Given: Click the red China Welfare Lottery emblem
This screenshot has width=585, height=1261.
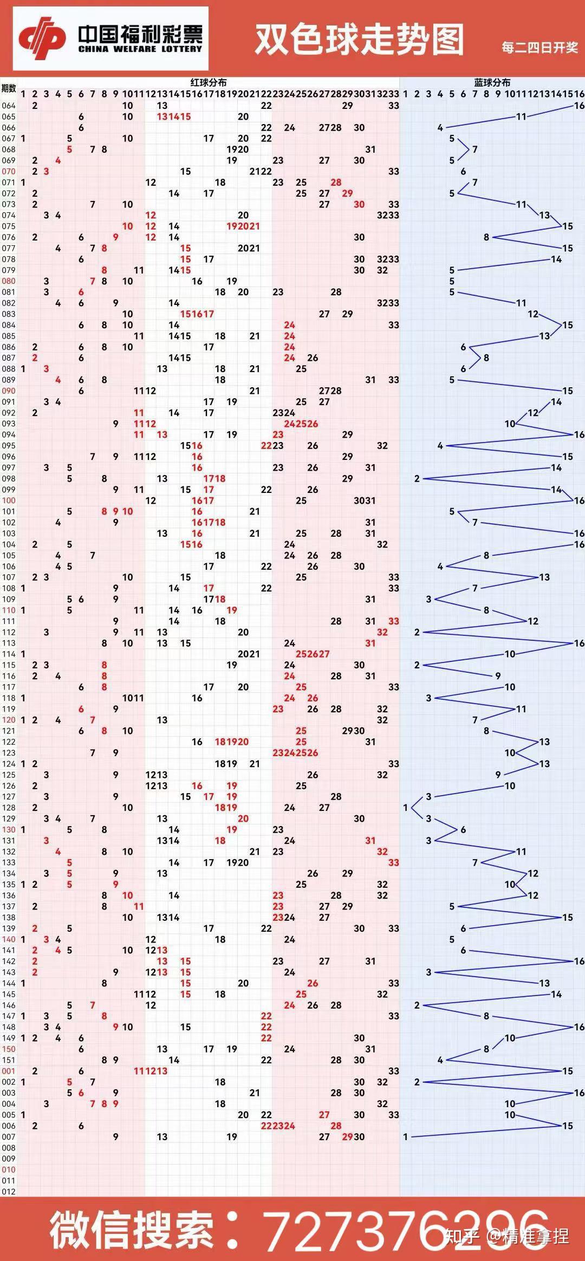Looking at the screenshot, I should coord(42,38).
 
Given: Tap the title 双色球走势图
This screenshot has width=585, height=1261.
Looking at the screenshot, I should coord(359,40).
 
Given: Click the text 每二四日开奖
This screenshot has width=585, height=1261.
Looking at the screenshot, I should coord(539,48).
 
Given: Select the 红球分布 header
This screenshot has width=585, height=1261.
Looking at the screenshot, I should coord(209,82).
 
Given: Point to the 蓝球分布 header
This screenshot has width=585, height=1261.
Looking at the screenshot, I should coord(492,82).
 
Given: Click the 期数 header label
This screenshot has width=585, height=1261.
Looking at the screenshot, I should coord(9,88).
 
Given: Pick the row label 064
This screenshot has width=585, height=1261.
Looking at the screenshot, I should coord(9,106).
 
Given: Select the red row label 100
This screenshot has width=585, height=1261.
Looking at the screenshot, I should coord(9,500).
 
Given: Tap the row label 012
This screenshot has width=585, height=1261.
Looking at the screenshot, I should coord(9,1192).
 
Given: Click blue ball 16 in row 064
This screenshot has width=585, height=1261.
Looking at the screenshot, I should coord(579,106).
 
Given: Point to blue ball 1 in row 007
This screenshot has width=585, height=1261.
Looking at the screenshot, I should coord(405,1137).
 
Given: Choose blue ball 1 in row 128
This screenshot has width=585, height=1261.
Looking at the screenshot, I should coord(405,808).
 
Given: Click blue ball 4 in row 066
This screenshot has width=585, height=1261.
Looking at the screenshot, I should coord(440,128).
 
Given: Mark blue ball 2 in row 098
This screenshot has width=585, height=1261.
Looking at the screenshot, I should coord(417,479).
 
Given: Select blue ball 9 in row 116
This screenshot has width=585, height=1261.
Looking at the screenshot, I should coord(498,676).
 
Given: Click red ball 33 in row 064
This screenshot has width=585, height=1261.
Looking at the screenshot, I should coord(394,106).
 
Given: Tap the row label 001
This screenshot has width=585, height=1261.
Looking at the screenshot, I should coord(9,1071).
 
